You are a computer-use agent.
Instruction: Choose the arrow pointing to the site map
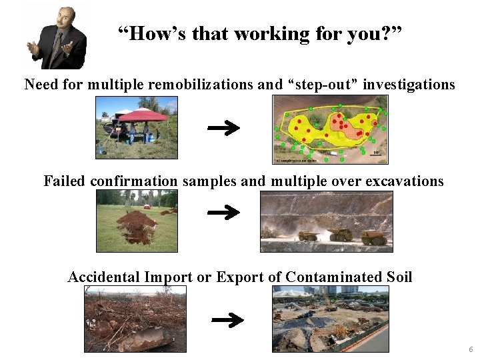pos(223,128)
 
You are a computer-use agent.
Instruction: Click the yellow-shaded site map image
pos(330,129)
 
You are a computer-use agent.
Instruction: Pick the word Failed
pos(64,181)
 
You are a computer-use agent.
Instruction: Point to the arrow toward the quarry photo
pos(223,213)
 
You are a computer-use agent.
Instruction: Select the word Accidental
pos(103,277)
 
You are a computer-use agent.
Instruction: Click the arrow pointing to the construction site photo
pos(227,321)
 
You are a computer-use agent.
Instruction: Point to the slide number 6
pos(471,350)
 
